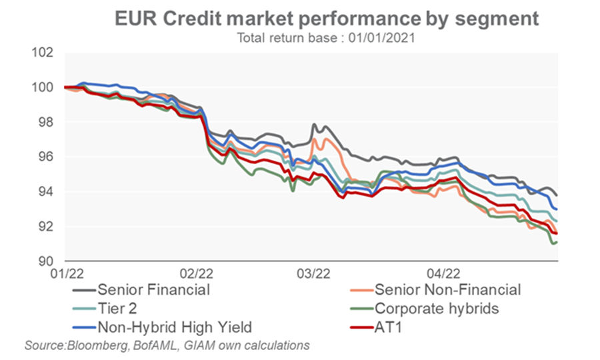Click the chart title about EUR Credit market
point(326,18)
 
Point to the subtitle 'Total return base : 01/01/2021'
point(326,38)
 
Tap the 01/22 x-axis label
point(65,273)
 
